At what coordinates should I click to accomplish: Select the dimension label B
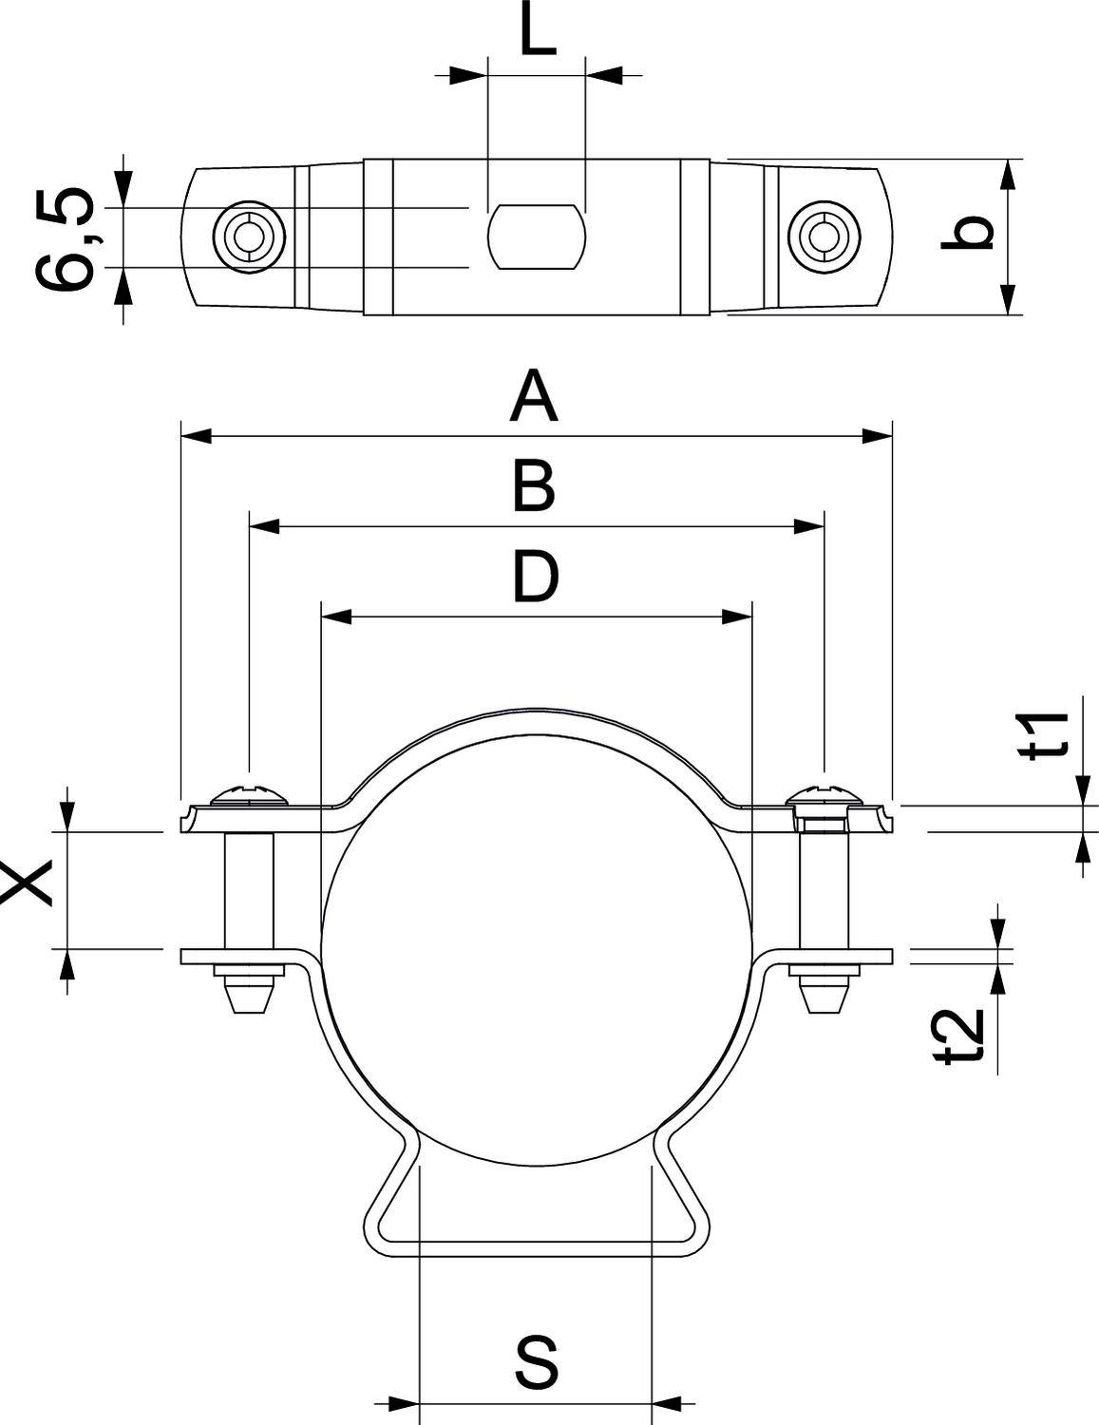(534, 486)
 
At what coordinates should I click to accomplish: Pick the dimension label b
(966, 235)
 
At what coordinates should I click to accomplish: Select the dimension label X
(29, 883)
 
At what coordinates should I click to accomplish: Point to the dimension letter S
(537, 1361)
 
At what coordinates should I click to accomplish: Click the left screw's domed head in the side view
(250, 794)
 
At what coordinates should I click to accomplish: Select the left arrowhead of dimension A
(196, 436)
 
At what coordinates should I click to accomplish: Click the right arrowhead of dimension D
(737, 617)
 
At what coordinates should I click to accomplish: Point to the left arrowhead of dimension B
(264, 525)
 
